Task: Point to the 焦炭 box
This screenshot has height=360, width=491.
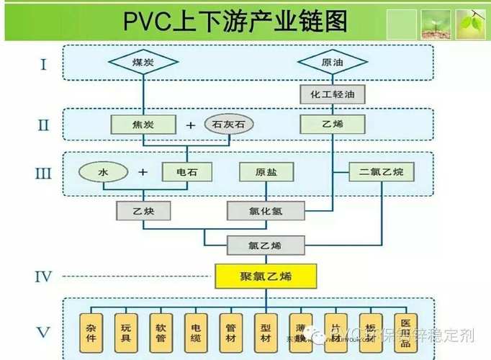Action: tap(143, 125)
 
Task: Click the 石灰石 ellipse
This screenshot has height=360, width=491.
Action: tap(229, 125)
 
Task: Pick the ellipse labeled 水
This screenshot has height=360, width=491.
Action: tap(103, 172)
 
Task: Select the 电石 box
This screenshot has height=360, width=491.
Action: tap(186, 172)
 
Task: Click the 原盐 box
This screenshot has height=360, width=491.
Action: tap(265, 172)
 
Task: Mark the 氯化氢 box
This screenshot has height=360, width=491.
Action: tap(266, 210)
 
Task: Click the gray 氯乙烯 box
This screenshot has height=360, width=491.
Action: tap(265, 245)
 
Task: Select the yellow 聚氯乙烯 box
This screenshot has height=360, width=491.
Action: tap(266, 275)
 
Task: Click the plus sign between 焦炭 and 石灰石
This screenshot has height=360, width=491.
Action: tap(190, 125)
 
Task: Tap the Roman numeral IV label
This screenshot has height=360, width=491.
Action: tap(45, 276)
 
